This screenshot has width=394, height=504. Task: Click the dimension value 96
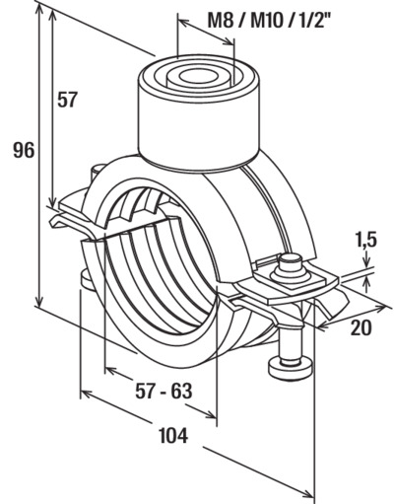pyautogui.click(x=24, y=151)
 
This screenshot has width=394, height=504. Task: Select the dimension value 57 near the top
pyautogui.click(x=67, y=100)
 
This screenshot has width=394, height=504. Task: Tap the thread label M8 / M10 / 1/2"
pyautogui.click(x=269, y=22)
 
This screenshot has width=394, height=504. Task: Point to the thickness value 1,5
pyautogui.click(x=365, y=240)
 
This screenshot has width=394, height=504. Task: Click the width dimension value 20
pyautogui.click(x=361, y=327)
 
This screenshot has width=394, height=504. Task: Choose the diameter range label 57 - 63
pyautogui.click(x=164, y=391)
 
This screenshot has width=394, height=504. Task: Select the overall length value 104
pyautogui.click(x=173, y=435)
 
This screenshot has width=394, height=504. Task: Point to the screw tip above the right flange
pyautogui.click(x=291, y=260)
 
